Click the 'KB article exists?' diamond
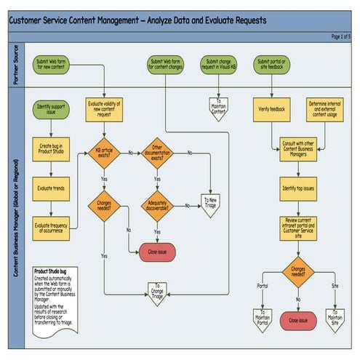(x=103, y=153)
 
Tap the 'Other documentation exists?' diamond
(x=156, y=153)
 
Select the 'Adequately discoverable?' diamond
(x=156, y=206)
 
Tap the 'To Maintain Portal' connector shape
(x=262, y=319)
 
